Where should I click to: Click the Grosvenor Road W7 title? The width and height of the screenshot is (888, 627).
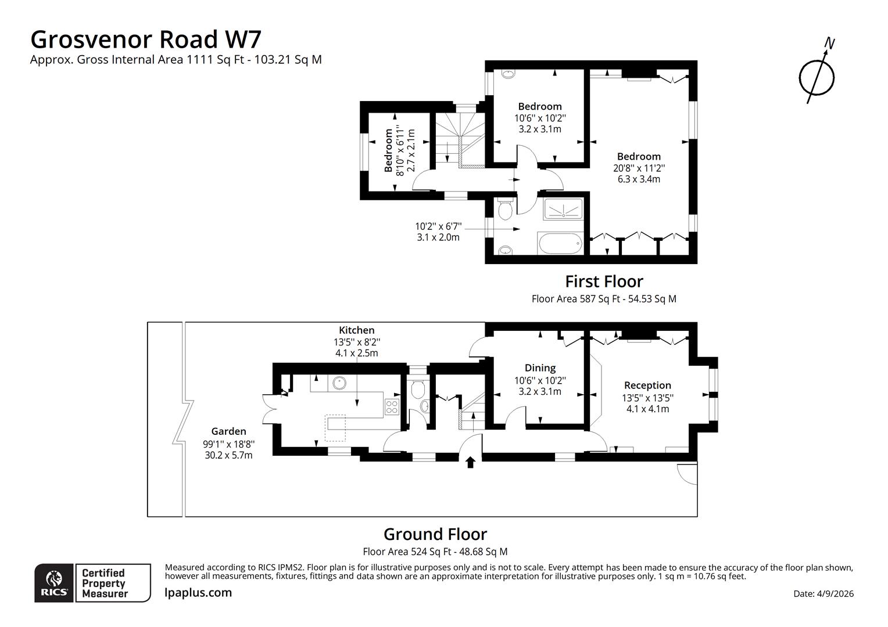pyautogui.click(x=146, y=39)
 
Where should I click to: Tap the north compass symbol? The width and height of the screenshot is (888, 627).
pyautogui.click(x=817, y=76)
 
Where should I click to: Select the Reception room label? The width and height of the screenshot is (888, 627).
pyautogui.click(x=647, y=385)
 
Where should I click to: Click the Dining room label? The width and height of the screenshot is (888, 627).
pyautogui.click(x=540, y=368)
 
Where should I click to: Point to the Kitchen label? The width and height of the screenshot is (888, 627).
pyautogui.click(x=356, y=330)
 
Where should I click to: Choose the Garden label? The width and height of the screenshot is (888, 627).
pyautogui.click(x=228, y=431)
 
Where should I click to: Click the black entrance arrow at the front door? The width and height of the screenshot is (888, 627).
pyautogui.click(x=470, y=462)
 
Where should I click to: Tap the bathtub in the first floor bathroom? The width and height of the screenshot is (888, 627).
pyautogui.click(x=561, y=243)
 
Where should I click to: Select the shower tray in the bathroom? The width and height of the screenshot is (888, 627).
pyautogui.click(x=563, y=209)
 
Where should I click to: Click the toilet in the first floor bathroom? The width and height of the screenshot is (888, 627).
pyautogui.click(x=505, y=209)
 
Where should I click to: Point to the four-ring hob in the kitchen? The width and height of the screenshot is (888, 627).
pyautogui.click(x=392, y=407)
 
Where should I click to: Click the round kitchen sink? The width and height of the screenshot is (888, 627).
pyautogui.click(x=339, y=383)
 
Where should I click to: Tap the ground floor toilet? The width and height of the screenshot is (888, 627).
pyautogui.click(x=418, y=389)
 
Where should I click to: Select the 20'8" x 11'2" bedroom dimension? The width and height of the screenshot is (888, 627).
pyautogui.click(x=639, y=168)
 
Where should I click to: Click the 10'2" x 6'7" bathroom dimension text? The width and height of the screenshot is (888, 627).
pyautogui.click(x=438, y=226)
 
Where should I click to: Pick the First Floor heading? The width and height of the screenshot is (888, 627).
pyautogui.click(x=604, y=282)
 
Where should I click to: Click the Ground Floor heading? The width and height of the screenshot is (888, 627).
pyautogui.click(x=435, y=534)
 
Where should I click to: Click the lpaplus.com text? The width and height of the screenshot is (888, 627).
pyautogui.click(x=198, y=593)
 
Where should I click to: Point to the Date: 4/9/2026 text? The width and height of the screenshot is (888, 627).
pyautogui.click(x=823, y=594)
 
